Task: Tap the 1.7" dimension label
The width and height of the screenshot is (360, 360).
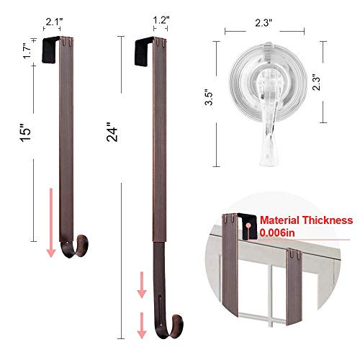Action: tap(26, 50)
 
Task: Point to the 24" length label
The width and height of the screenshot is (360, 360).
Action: tap(112, 134)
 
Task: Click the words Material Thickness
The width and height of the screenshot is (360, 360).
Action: tap(307, 220)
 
